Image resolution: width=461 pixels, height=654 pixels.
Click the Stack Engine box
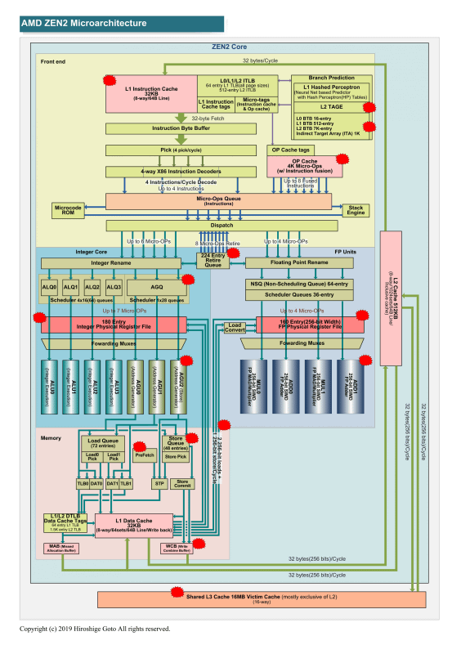355,209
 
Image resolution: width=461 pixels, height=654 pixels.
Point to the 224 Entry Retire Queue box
213,260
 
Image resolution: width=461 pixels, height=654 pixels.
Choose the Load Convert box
235,328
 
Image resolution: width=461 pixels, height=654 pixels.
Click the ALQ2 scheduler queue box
92,287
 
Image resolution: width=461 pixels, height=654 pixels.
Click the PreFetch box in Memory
144,455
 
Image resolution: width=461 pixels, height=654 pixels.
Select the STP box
159,483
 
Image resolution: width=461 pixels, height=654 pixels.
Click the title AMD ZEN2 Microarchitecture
74,22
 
